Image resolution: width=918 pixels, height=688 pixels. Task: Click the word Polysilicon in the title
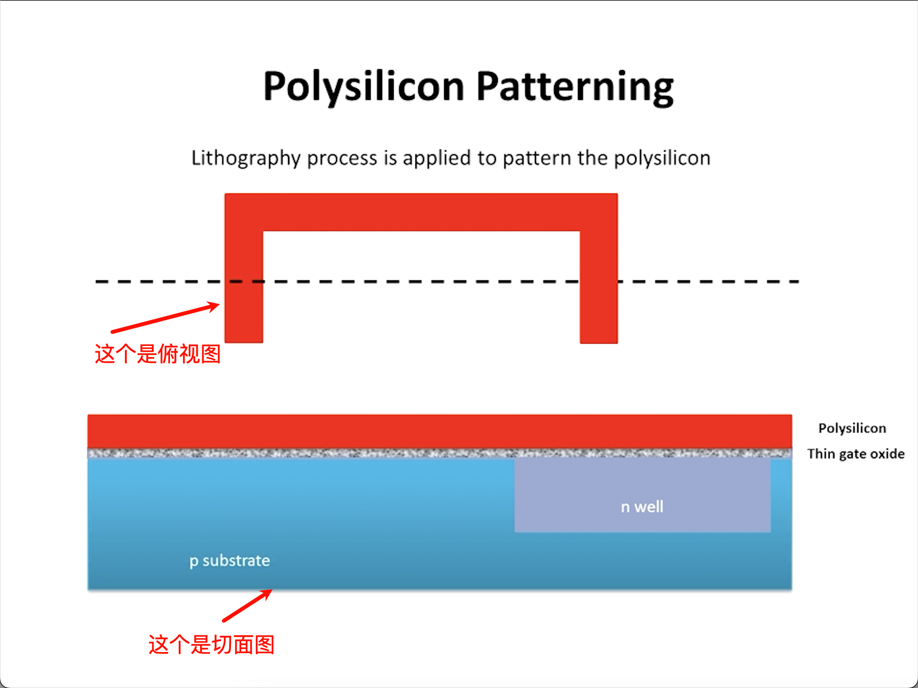(363, 87)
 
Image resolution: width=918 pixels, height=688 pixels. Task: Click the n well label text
(642, 507)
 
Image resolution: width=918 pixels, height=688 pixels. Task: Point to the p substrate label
(229, 560)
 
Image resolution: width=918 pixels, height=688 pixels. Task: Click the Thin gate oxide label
(856, 454)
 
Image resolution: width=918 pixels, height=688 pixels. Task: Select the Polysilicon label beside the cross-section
(852, 428)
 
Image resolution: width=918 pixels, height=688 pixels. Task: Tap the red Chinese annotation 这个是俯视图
(157, 354)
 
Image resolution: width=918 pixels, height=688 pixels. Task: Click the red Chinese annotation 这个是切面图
(211, 644)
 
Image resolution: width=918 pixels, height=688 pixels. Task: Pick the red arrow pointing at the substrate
(247, 605)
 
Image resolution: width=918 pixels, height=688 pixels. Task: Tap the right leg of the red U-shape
(599, 307)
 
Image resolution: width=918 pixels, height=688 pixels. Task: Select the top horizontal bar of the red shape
(421, 212)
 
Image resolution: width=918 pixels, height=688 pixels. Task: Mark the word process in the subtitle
(342, 158)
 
